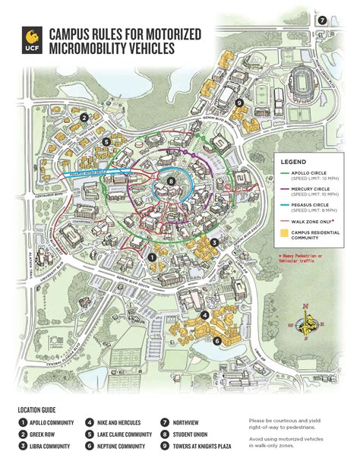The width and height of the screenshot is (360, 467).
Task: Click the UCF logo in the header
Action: click(31, 38)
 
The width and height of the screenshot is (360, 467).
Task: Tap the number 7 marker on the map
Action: click(322, 21)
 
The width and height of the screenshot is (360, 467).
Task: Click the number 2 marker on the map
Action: click(85, 117)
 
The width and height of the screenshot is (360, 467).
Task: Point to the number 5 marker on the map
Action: click(107, 141)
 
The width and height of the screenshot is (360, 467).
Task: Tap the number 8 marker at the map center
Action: click(172, 181)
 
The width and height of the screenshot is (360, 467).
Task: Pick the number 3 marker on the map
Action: click(215, 242)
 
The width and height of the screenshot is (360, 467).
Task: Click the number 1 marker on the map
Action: click(153, 257)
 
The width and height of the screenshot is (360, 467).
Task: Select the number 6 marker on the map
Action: click(217, 341)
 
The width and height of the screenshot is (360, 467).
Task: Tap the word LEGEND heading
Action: click(294, 162)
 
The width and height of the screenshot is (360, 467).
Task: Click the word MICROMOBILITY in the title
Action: click(87, 49)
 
